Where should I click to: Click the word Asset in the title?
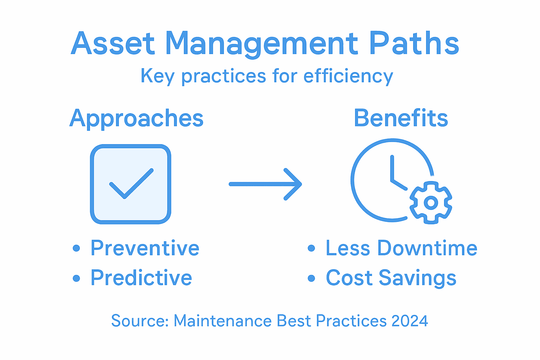(x=113, y=44)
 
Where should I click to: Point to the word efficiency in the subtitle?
(x=348, y=76)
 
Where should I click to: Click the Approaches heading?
(x=136, y=118)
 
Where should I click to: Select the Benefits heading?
(x=401, y=118)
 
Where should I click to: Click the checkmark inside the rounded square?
(x=131, y=184)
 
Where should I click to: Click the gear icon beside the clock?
(x=431, y=202)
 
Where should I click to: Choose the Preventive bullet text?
(x=145, y=248)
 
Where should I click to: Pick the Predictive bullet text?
(x=141, y=278)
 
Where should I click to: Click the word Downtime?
(x=427, y=248)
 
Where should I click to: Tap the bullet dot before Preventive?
(x=76, y=249)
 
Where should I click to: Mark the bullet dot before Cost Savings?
(x=311, y=278)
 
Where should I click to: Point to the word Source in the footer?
(x=140, y=321)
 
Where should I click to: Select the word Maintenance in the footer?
(x=223, y=321)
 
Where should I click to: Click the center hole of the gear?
(x=431, y=203)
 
